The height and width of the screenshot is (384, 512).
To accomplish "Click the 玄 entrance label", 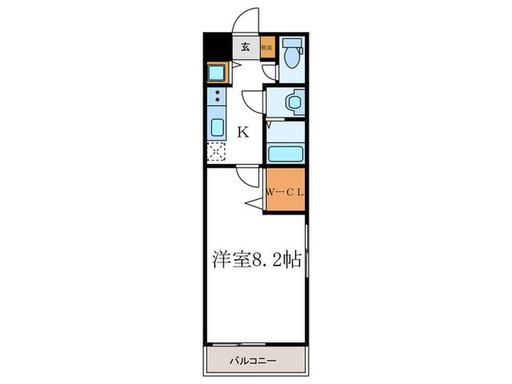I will pyautogui.click(x=246, y=47).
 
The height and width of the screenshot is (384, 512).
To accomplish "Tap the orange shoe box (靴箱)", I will pyautogui.click(x=267, y=47).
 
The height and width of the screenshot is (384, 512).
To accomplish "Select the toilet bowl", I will pyautogui.click(x=292, y=55).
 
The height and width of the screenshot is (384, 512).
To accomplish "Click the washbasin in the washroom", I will pyautogui.click(x=295, y=102).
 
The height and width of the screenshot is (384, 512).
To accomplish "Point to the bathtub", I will pyautogui.click(x=285, y=154).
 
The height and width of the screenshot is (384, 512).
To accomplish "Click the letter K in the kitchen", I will pyautogui.click(x=242, y=132).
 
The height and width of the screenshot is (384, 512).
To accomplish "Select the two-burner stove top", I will pyautogui.click(x=217, y=96).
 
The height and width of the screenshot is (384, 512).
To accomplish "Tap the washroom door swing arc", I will pyautogui.click(x=253, y=99).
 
